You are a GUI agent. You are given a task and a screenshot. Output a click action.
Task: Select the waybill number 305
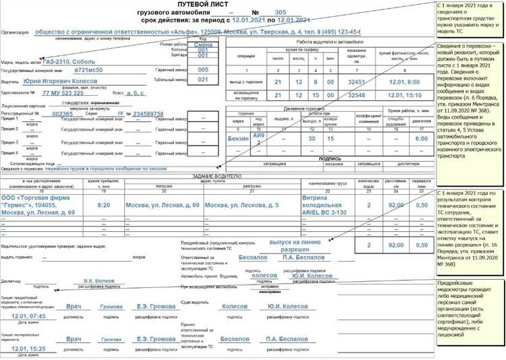(x=280, y=12)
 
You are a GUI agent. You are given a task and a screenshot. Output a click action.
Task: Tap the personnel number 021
(x=203, y=80)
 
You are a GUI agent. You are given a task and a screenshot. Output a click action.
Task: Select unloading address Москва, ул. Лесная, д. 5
(x=240, y=204)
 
